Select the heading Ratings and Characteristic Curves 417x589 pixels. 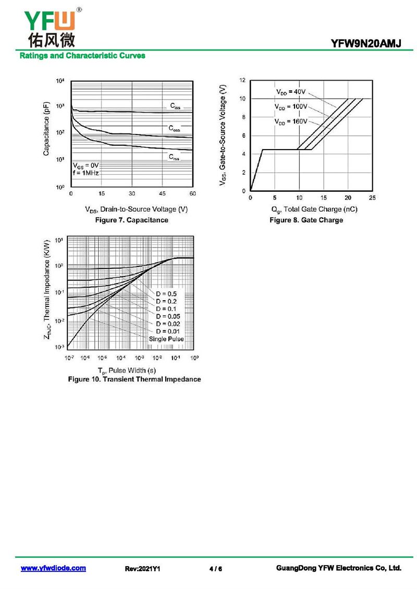[x=82, y=56]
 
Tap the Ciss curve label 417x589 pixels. [x=175, y=106]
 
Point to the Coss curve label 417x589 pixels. [x=174, y=128]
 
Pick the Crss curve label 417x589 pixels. [x=174, y=157]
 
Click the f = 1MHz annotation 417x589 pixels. [x=86, y=173]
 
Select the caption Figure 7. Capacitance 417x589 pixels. [x=131, y=220]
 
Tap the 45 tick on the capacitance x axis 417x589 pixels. [x=162, y=194]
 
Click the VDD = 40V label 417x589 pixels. [x=290, y=92]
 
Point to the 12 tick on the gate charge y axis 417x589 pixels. [x=242, y=80]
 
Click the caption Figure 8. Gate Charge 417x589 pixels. [x=306, y=220]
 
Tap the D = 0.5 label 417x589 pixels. [x=166, y=294]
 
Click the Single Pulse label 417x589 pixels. [x=166, y=339]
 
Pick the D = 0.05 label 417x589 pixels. [x=168, y=316]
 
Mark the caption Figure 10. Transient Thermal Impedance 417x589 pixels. [x=134, y=379]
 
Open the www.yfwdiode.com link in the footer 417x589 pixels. [x=53, y=568]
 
